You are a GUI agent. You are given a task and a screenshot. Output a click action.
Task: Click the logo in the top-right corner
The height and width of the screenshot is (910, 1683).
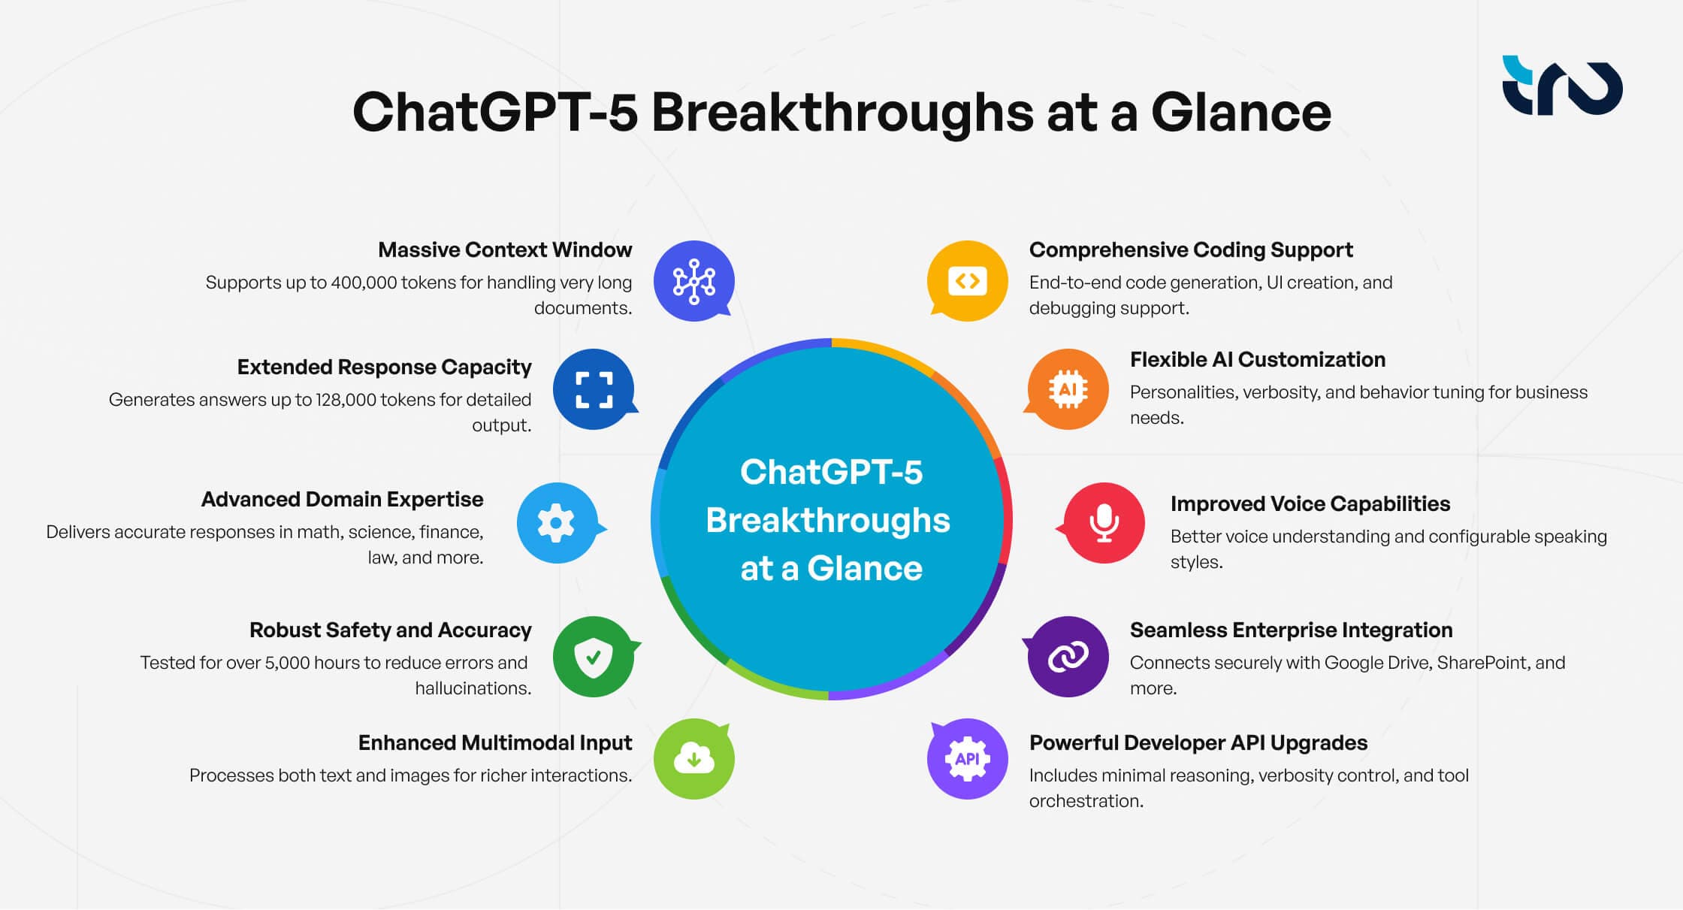coord(1561,86)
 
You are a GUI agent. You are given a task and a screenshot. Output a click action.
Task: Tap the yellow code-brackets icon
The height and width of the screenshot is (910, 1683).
coord(967,281)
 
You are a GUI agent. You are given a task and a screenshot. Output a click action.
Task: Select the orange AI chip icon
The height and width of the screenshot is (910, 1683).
coord(1068,389)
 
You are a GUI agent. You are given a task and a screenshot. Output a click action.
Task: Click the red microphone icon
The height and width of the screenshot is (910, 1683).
coord(1104,522)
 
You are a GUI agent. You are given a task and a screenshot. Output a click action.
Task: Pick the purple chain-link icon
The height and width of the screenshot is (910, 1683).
coord(1068,657)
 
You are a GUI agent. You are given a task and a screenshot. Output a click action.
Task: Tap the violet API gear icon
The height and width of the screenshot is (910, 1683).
coord(967,758)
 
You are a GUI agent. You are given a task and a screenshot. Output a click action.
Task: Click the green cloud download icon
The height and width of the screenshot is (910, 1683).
coord(693,758)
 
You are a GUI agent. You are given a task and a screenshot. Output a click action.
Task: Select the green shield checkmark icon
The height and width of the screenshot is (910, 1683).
coord(593,657)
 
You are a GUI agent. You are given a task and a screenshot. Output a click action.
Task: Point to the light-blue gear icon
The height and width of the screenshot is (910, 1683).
coord(557,522)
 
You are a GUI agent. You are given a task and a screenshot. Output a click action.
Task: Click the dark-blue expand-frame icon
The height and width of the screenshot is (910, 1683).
coord(593,389)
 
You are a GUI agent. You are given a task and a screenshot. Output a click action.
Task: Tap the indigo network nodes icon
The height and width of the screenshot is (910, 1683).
coord(693,281)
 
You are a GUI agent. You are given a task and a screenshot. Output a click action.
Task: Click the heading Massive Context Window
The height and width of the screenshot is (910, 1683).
coord(505,249)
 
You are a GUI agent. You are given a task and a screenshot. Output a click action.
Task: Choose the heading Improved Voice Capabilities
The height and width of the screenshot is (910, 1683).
coord(1310,503)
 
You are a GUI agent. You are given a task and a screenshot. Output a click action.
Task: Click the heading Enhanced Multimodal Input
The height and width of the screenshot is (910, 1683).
coord(494,742)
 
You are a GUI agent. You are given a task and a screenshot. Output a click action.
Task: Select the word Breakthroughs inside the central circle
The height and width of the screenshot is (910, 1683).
coord(828,520)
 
